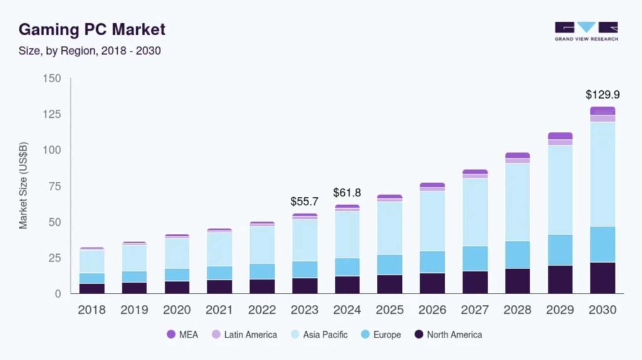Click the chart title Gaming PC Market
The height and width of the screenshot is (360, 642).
[92, 29]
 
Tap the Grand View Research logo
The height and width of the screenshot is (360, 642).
[586, 31]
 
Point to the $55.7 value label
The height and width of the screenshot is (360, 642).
[304, 201]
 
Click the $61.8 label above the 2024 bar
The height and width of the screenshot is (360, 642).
[347, 193]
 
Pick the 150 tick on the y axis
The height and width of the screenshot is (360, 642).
[52, 78]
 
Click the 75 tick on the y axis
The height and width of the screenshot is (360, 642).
[55, 186]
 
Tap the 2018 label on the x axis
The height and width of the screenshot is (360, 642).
[92, 310]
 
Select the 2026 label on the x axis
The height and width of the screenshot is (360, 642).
[432, 310]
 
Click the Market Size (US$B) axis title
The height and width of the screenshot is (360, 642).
[23, 186]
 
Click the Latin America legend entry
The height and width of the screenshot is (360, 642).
[245, 335]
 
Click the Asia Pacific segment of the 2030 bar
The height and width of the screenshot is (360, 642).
[603, 174]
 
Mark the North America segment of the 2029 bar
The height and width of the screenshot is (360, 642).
[560, 279]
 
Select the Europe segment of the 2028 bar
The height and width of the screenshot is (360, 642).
[517, 255]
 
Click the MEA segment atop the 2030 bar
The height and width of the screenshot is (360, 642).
[603, 110]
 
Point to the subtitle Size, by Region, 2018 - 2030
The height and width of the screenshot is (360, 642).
[89, 51]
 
